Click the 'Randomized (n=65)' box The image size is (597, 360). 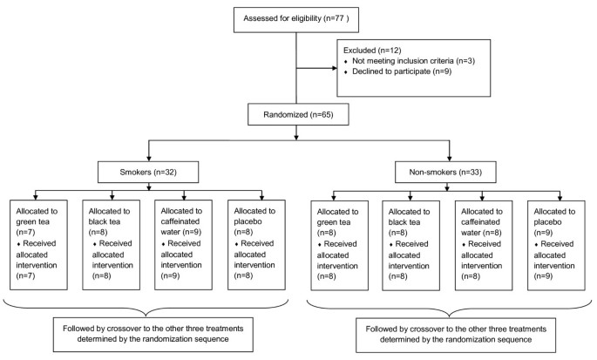point(297,113)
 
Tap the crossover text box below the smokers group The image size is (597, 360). point(147,335)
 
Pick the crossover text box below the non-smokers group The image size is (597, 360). point(451,335)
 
